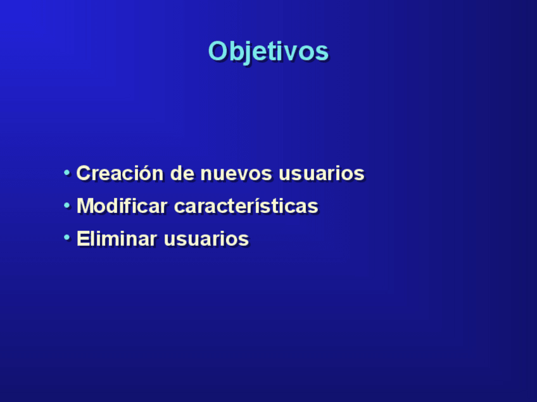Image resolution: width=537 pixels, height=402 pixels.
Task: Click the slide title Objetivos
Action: point(268,52)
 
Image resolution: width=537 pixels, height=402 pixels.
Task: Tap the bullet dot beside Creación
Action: point(66,173)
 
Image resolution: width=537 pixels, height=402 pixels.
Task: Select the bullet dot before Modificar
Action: point(66,205)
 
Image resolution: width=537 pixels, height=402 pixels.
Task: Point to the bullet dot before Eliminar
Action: point(66,238)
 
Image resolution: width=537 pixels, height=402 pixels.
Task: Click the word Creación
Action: point(120,173)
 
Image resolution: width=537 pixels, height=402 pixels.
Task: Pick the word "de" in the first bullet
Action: point(182,173)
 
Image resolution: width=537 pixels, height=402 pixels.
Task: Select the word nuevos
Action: point(236,173)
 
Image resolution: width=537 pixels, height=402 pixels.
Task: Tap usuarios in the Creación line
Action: point(322,173)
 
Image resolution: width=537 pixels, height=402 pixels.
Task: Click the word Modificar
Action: point(122,205)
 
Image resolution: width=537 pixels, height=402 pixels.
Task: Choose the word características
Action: point(246,206)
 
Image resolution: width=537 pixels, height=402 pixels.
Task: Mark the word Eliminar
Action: point(117,238)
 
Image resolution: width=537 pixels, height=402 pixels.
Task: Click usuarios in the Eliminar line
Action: point(206,238)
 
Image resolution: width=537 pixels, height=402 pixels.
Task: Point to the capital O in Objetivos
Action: point(218,51)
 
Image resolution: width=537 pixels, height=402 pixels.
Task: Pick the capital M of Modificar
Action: point(85,205)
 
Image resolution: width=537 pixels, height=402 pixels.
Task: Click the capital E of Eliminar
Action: point(83,238)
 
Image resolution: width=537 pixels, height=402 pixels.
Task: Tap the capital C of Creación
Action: point(84,173)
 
